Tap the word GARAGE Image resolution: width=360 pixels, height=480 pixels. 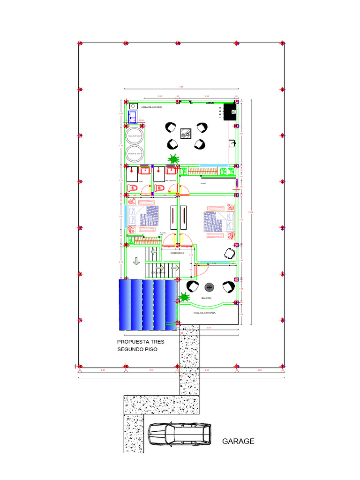click(238, 441)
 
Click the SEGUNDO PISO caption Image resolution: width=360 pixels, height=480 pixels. click(137, 350)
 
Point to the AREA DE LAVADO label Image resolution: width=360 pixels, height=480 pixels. click(151, 107)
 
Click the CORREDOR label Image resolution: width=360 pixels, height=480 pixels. click(177, 253)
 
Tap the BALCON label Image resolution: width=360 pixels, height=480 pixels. click(206, 298)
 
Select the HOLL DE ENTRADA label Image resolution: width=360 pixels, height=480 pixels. click(205, 313)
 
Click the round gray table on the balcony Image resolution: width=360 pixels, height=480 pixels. click(209, 286)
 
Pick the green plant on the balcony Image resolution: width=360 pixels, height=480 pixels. click(184, 297)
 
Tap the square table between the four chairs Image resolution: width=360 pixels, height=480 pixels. click(186, 134)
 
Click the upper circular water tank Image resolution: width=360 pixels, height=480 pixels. click(135, 135)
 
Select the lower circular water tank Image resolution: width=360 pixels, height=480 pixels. click(135, 154)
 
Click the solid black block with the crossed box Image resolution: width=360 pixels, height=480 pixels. click(231, 112)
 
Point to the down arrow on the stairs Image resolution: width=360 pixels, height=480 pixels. click(136, 261)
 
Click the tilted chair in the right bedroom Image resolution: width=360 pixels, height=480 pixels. click(230, 254)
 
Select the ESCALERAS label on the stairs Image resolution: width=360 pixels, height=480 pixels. click(157, 272)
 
